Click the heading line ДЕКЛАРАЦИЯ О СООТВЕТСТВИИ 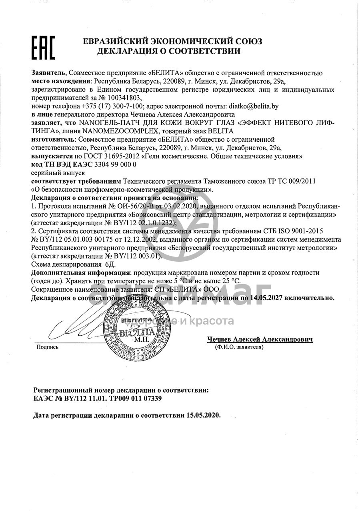click(168, 51)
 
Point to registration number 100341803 click(123, 98)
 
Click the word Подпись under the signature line click(47, 347)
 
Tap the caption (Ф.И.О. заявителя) click(239, 347)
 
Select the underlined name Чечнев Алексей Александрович click(260, 339)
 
